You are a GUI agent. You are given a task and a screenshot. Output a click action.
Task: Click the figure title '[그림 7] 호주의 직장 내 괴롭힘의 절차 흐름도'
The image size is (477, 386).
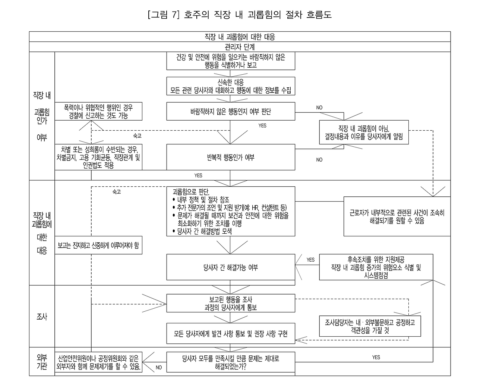tap(240, 15)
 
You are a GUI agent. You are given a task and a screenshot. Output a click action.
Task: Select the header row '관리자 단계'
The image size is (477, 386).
tap(240, 47)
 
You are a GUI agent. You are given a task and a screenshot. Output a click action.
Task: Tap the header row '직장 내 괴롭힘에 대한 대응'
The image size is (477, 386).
tap(240, 37)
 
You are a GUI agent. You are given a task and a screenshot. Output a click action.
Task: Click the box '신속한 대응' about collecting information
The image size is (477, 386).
tap(231, 86)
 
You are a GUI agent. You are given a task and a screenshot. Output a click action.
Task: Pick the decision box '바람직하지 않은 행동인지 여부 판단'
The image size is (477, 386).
tap(231, 111)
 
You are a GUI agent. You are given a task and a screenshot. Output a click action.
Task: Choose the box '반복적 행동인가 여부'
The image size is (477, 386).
tap(231, 157)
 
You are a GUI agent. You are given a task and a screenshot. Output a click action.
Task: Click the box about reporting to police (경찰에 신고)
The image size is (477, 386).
tap(98, 111)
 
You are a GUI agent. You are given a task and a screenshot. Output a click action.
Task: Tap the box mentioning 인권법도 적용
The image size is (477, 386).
tap(98, 157)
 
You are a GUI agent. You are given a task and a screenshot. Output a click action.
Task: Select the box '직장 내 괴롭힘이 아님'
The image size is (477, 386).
tap(364, 132)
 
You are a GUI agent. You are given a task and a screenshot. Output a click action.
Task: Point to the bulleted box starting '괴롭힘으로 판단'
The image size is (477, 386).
tap(231, 211)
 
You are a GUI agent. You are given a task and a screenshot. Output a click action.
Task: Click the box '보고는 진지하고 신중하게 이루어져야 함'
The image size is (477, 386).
tap(98, 245)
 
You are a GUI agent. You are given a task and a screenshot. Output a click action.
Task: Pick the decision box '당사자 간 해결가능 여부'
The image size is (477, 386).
tap(231, 267)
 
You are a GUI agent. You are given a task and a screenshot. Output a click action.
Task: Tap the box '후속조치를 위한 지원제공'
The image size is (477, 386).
tap(376, 267)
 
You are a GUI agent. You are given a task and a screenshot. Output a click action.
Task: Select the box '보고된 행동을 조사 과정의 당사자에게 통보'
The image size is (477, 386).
tap(231, 303)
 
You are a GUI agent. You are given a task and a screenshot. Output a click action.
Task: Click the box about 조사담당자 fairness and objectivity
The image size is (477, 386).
tap(370, 326)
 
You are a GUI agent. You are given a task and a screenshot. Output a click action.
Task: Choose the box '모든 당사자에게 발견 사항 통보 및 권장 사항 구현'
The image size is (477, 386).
tap(231, 333)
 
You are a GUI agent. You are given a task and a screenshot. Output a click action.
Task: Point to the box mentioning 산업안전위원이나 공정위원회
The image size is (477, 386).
tap(98, 362)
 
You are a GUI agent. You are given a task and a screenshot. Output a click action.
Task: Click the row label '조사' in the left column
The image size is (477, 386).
tap(42, 317)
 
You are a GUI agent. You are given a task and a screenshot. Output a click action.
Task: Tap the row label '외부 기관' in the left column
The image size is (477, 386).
tap(42, 362)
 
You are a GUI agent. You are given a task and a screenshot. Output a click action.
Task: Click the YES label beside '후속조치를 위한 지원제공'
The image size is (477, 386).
tap(310, 260)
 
